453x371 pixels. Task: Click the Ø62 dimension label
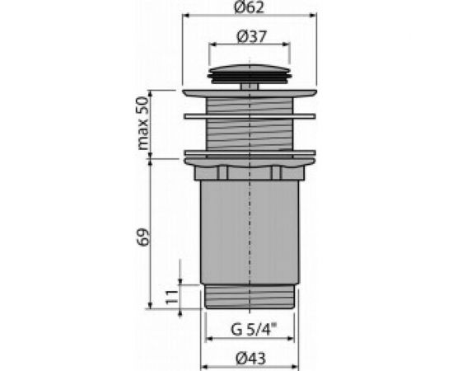coord(249,7)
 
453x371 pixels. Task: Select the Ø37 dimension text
coord(251,37)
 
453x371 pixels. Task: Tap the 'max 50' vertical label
coord(143,124)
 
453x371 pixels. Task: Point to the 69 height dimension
coord(143,237)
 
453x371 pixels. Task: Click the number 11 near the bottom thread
coord(171,297)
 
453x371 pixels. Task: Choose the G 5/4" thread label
coord(254,330)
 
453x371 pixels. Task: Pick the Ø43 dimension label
coord(250,359)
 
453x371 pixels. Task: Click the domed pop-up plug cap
coord(250,73)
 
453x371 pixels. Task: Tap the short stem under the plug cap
coord(250,87)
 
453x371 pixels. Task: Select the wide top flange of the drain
coord(250,93)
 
